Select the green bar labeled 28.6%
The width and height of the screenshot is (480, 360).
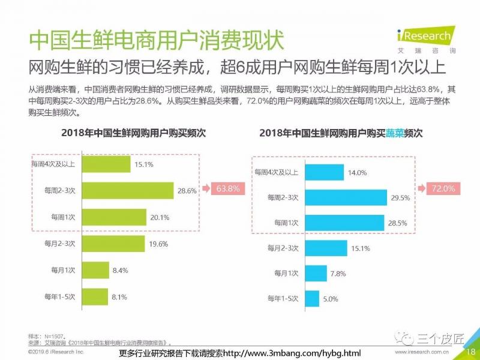[127, 191]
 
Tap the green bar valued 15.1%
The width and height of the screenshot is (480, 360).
[106, 164]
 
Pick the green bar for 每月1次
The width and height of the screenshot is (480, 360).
[95, 270]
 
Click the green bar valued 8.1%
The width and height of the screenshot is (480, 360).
[94, 296]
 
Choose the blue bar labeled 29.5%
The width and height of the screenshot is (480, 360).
[345, 197]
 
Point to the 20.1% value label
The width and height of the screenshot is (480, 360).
[159, 217]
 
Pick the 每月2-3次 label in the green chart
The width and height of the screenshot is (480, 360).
[59, 243]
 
